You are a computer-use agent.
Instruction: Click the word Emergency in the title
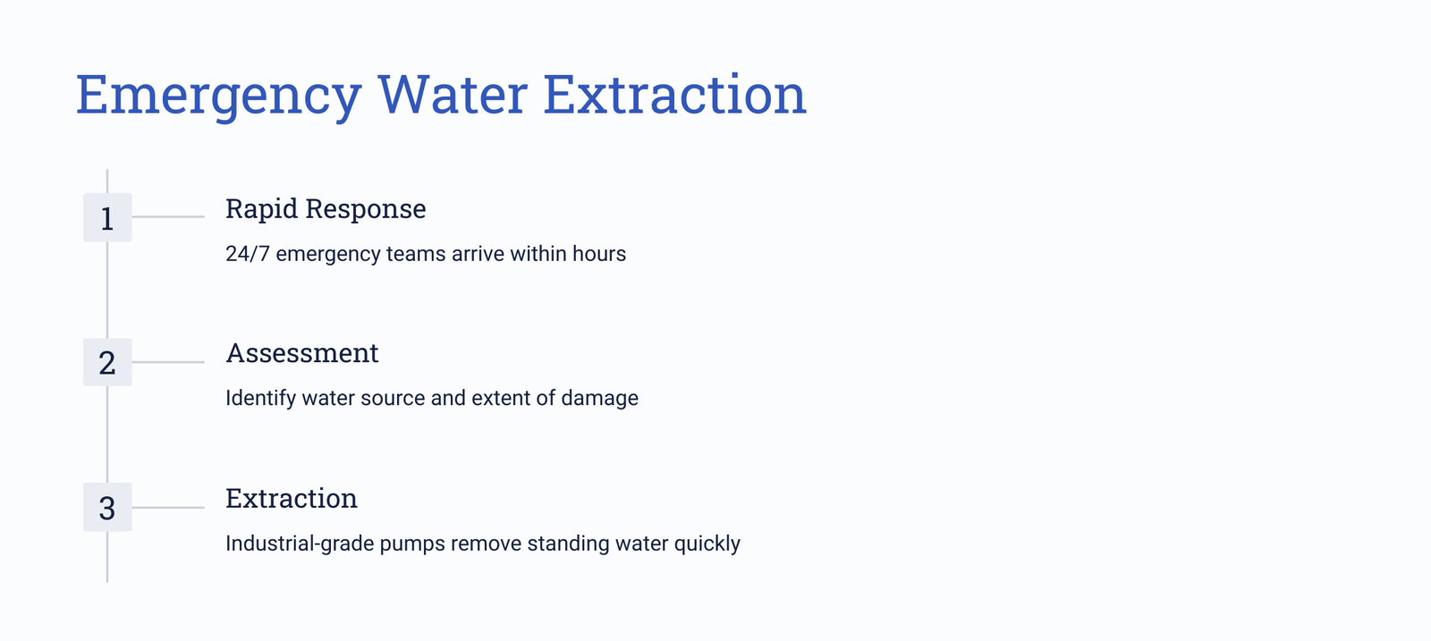click(x=218, y=97)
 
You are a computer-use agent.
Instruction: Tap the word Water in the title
click(x=453, y=95)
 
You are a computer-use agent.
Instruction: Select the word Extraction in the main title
click(x=674, y=95)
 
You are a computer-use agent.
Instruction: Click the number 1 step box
click(x=107, y=217)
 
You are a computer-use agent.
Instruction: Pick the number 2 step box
click(x=107, y=362)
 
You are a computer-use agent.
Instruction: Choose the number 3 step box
click(x=107, y=507)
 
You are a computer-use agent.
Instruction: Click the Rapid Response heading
click(x=326, y=209)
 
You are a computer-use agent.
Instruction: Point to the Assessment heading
click(x=302, y=353)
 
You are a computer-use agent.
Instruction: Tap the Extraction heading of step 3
click(x=292, y=498)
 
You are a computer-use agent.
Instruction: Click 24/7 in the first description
click(x=247, y=254)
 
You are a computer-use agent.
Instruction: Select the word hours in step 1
click(x=599, y=254)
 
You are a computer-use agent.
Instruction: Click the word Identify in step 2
click(x=260, y=399)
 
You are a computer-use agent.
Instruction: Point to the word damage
click(x=599, y=399)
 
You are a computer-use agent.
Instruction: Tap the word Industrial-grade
click(x=300, y=544)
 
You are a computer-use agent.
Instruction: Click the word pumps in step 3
click(x=412, y=544)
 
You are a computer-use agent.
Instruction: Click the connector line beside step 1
click(x=168, y=216)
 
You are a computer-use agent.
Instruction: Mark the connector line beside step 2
click(x=168, y=362)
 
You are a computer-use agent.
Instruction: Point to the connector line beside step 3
click(x=168, y=508)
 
